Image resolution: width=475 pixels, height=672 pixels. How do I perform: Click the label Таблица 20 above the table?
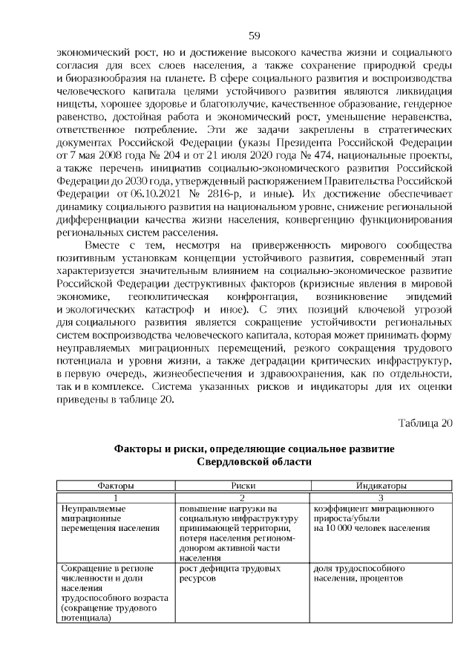click(425, 424)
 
